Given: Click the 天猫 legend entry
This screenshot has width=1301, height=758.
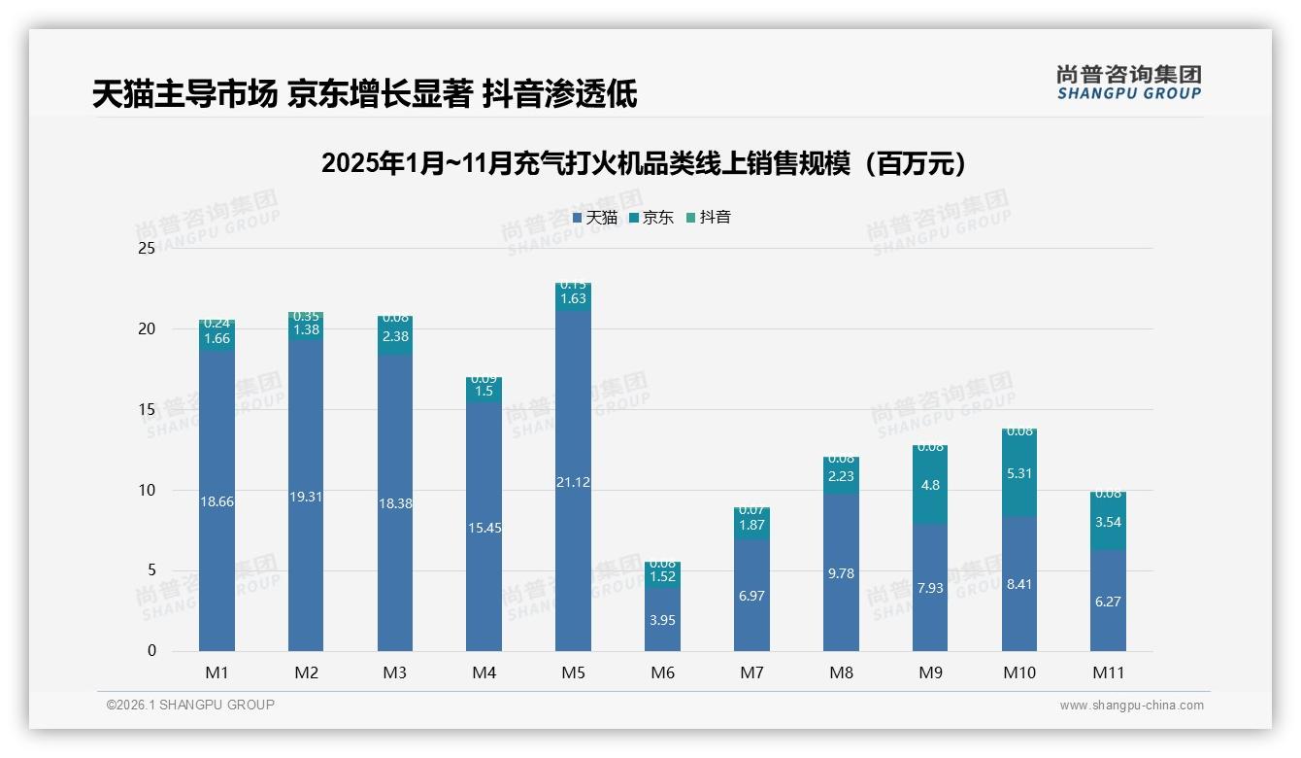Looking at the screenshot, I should click(595, 218).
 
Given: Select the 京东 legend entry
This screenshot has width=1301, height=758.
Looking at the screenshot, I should click(651, 218).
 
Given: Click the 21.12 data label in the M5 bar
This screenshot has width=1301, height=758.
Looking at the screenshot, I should click(573, 483).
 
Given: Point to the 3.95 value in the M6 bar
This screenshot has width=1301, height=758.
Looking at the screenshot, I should click(662, 620).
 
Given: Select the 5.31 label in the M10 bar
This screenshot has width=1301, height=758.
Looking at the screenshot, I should click(1018, 473).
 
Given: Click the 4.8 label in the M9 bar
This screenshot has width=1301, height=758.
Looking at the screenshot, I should click(930, 485).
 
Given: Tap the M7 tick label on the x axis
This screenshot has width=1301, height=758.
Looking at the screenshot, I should click(751, 672).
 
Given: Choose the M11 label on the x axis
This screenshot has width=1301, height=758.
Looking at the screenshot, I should click(1108, 672).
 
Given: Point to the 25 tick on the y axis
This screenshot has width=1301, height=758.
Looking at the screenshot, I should click(147, 249).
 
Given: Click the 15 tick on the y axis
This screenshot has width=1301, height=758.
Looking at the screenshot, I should click(147, 409).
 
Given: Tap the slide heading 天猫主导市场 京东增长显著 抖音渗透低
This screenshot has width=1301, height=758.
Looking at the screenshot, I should click(364, 94).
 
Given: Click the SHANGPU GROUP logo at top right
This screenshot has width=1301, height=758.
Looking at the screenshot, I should click(1128, 82).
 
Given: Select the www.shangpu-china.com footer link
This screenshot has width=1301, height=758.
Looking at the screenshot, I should click(1131, 706).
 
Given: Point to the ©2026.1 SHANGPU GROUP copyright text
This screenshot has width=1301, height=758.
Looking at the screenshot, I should click(190, 705).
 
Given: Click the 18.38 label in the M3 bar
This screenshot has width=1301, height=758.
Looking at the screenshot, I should click(395, 503).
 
